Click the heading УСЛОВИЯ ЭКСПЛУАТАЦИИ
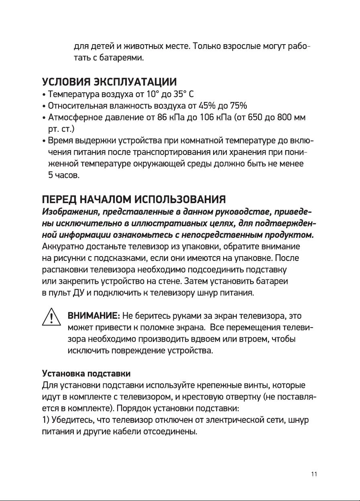click(109, 83)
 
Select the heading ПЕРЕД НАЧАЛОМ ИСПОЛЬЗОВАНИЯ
click(134, 200)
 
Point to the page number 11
click(314, 474)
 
